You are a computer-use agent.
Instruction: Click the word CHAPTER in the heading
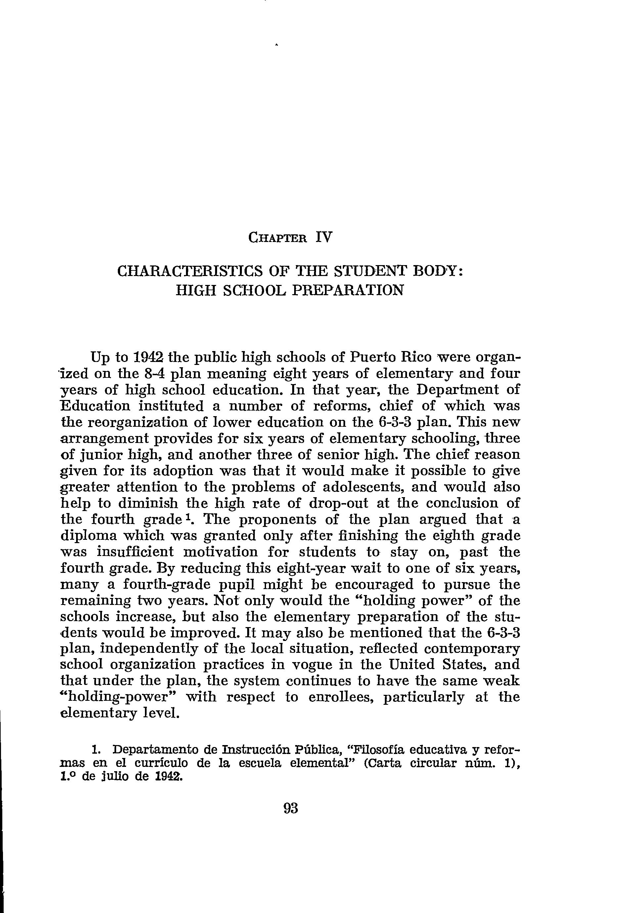pyautogui.click(x=277, y=238)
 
